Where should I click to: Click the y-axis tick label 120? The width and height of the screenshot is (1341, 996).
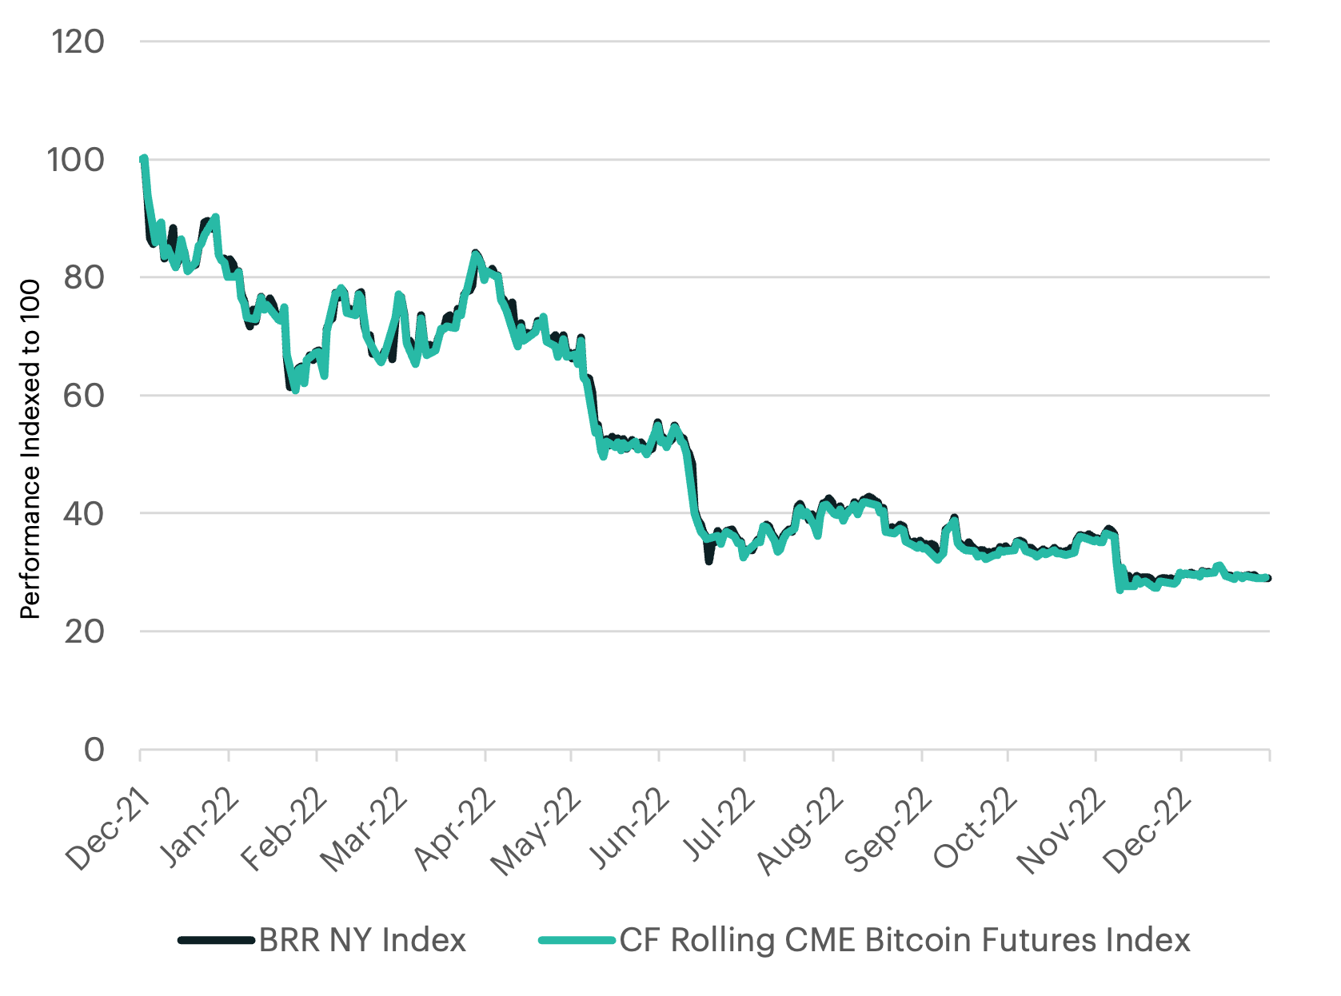coord(78,42)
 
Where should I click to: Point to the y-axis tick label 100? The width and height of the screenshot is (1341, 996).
coord(76,160)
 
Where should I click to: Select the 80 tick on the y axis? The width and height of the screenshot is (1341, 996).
coord(83,277)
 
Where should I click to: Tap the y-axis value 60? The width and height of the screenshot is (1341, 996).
coord(83,396)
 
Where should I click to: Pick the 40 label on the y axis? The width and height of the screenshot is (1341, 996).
coord(83,513)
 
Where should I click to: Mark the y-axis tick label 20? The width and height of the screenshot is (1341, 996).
coord(83,631)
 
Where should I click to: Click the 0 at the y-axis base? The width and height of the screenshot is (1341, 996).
coord(94,750)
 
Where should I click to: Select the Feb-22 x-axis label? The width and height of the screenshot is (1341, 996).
coord(284,829)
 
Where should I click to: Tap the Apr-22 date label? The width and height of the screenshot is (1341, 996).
coord(453,829)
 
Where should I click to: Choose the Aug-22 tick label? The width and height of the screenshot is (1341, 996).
coord(801,829)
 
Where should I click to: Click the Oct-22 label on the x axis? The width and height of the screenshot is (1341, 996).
coord(976,829)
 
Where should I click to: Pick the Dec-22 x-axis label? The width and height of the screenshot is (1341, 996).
coord(1147,829)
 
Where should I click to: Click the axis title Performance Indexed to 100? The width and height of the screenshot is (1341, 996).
coord(30,449)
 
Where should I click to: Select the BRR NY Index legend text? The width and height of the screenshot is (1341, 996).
coord(362,940)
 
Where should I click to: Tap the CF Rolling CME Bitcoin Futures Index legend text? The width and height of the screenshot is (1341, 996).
coord(904,940)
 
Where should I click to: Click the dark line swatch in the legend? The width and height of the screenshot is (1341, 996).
coord(216,940)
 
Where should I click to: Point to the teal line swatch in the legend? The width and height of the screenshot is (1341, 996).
coord(577,940)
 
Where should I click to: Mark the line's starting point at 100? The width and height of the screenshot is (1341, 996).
coord(143,160)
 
